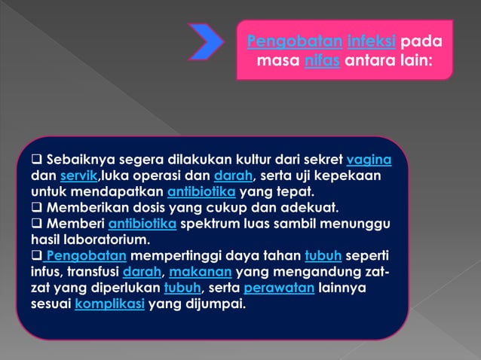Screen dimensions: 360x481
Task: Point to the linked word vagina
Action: [369, 160]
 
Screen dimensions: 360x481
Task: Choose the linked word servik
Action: [78, 177]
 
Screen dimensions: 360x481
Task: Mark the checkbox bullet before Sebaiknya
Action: [36, 161]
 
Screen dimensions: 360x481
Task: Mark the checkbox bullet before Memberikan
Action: [36, 209]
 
